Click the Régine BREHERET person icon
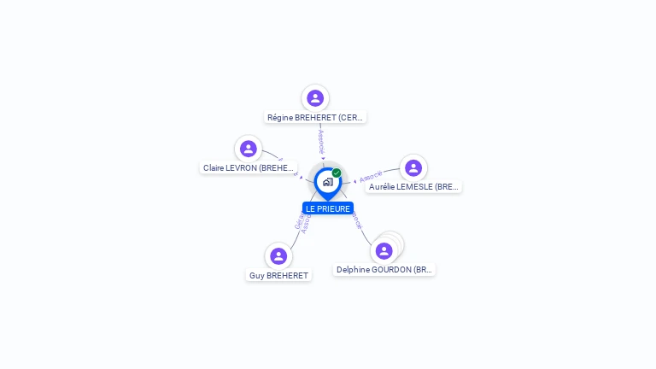click(315, 98)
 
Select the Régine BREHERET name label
click(315, 118)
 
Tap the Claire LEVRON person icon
click(249, 149)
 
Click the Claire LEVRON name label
click(249, 168)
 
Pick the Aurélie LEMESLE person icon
click(413, 167)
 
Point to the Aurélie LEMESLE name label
click(413, 186)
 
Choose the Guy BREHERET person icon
click(278, 255)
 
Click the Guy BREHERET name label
click(278, 276)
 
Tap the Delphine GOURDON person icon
click(384, 250)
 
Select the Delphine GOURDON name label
click(384, 270)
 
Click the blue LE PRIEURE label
click(328, 208)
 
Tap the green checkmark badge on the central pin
click(337, 173)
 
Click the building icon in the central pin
click(327, 182)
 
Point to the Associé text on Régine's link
click(321, 141)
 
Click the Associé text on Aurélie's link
click(371, 177)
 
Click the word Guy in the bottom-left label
click(256, 276)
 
